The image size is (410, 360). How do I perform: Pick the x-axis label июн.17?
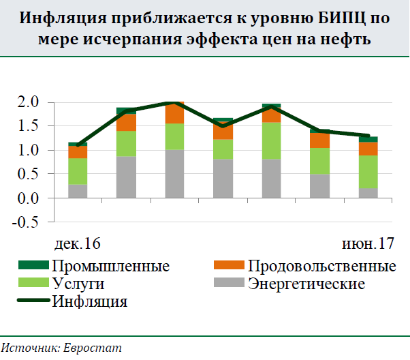tap(366, 243)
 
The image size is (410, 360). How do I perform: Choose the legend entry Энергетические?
tap(306, 283)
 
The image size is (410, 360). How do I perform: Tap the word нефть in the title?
tap(347, 39)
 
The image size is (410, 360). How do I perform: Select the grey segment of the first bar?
tap(78, 191)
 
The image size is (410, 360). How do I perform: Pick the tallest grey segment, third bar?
tap(174, 174)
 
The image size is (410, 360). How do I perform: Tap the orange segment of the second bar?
tap(126, 122)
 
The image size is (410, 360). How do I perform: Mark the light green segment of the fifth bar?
tap(272, 140)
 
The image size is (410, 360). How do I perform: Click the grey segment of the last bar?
tap(368, 193)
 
